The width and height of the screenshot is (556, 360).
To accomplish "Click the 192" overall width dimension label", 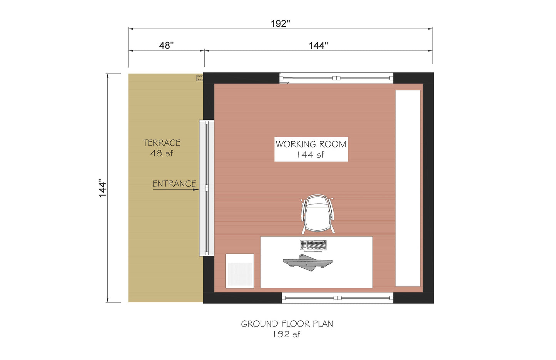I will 280,23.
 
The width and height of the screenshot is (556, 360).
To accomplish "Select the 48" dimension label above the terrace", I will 166,45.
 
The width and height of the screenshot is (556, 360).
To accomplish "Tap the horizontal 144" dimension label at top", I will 318,45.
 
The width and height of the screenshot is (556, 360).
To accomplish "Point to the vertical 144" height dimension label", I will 102,188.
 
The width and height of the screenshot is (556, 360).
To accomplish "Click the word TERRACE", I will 162,143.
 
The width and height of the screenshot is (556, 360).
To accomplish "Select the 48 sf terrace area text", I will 162,153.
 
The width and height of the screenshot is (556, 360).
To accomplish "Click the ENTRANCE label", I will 174,184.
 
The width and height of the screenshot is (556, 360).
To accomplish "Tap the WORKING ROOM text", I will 311,144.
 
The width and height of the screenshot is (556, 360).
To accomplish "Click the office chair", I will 317,214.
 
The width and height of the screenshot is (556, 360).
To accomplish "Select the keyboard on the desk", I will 313,245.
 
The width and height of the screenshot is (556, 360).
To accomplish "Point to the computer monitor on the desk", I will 307,263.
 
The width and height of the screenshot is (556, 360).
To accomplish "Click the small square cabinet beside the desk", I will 240,271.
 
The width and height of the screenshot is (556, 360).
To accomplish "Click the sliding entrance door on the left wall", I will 207,188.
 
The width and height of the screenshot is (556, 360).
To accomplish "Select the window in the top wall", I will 336,78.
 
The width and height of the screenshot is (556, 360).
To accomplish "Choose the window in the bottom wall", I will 337,298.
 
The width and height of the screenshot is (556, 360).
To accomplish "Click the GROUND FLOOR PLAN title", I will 287,324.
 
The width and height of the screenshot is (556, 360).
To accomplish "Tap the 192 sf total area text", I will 287,334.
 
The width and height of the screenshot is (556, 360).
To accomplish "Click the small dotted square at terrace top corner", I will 200,78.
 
